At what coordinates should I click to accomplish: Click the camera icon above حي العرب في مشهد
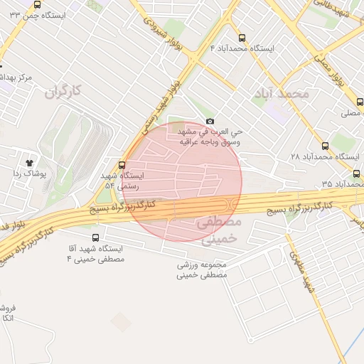(209, 122)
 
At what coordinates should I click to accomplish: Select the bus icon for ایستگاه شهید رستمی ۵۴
(122, 165)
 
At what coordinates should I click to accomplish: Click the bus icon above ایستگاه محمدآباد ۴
(242, 38)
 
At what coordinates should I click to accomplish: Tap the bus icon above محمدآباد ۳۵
(356, 173)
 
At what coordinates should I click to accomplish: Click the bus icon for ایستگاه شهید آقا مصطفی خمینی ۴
(96, 238)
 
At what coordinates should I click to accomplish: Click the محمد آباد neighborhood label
(285, 93)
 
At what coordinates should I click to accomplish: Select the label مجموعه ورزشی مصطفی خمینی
(202, 269)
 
